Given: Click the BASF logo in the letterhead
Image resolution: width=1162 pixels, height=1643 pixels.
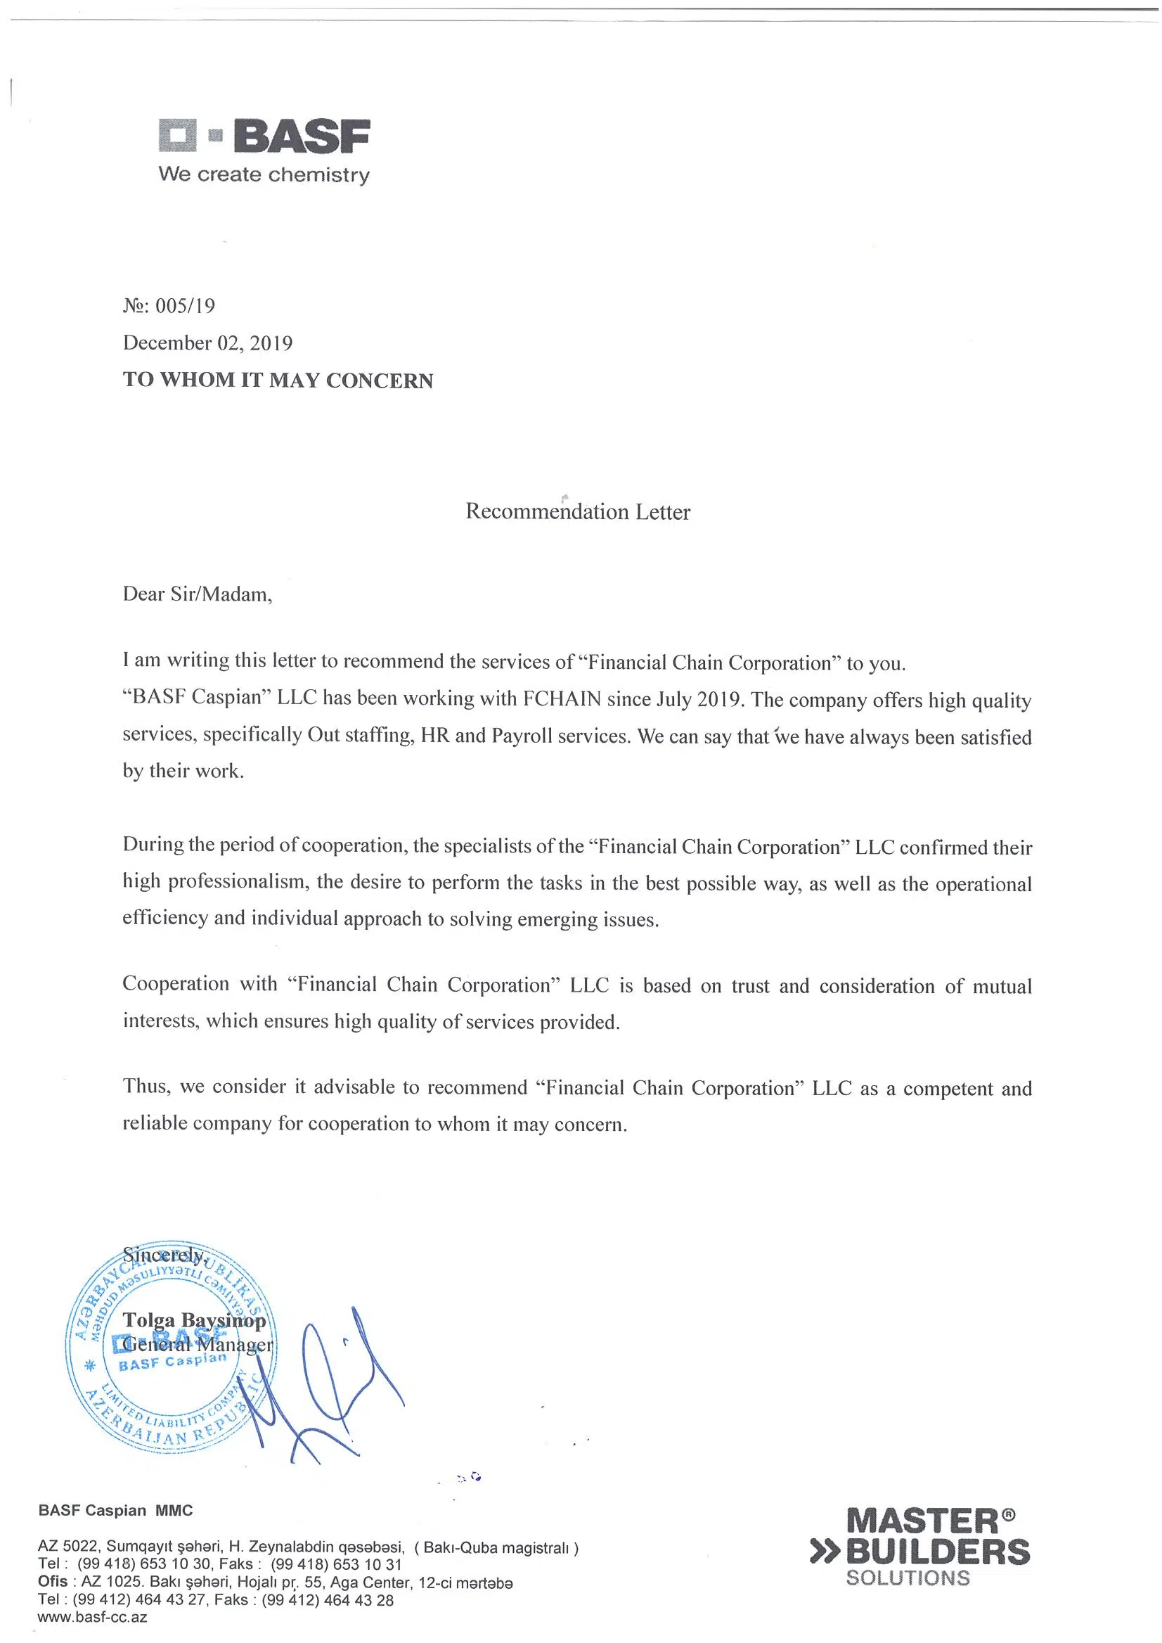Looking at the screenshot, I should (264, 136).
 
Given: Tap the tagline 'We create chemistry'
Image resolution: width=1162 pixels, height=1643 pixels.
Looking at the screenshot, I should (264, 174).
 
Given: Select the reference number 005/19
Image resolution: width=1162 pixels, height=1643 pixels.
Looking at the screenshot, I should (185, 307).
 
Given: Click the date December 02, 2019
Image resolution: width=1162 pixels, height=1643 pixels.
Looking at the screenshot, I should (207, 343).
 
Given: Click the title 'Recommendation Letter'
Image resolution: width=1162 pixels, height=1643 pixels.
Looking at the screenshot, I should (577, 512).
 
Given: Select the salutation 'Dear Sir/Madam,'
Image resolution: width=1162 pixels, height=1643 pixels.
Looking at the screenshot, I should (198, 594).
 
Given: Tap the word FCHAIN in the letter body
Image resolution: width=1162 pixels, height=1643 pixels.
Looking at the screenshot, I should (562, 699).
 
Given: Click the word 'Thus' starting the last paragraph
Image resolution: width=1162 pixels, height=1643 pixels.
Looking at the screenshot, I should (146, 1086).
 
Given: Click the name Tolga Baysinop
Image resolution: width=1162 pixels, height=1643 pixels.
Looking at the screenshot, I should (194, 1320).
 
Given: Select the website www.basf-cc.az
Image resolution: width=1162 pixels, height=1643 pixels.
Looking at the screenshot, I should (92, 1617).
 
